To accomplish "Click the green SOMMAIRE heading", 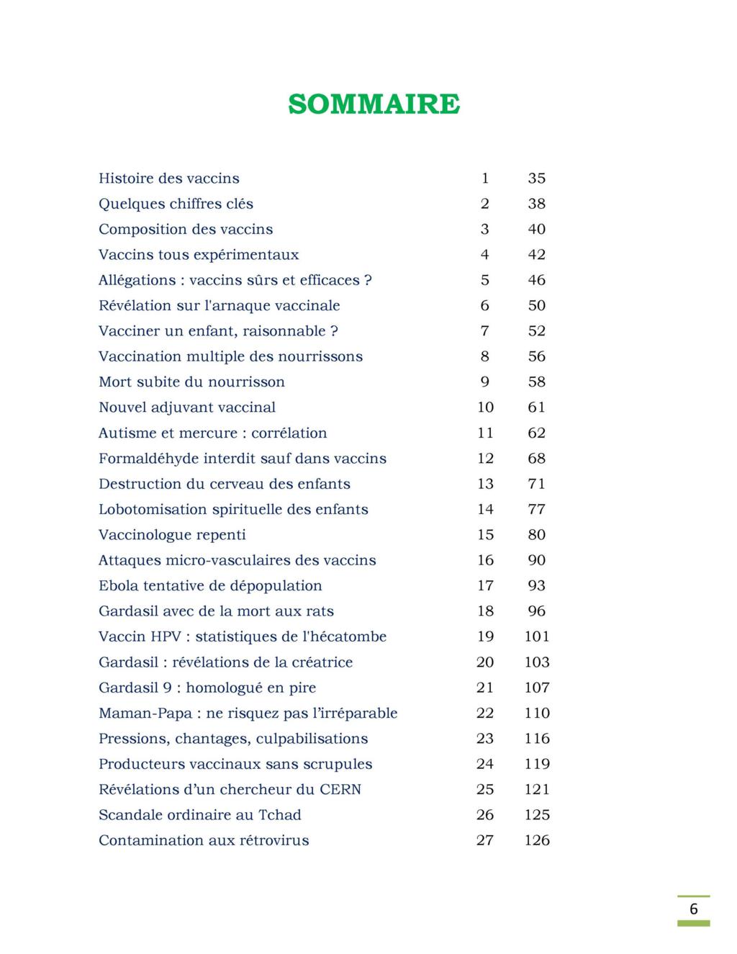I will tap(374, 104).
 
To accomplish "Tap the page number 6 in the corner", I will tap(693, 909).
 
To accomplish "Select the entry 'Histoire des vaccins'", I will tap(169, 179).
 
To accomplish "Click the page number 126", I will tap(537, 840).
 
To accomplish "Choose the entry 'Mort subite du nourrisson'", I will tap(191, 382).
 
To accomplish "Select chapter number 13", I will tap(485, 484).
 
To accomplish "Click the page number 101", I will tap(537, 636).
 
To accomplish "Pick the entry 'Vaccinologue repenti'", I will tap(172, 535).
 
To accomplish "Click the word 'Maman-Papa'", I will tap(145, 714).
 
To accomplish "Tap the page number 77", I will tap(537, 510).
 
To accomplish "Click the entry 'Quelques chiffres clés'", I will tap(176, 204).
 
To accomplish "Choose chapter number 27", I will tap(485, 840).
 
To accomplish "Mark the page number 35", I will tap(537, 179).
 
